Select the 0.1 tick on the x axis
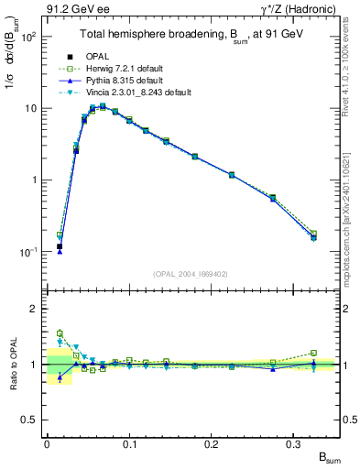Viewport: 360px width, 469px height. (x=128, y=444)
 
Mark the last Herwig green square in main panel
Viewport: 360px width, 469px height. (x=314, y=234)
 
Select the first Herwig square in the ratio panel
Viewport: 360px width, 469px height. (x=60, y=333)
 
